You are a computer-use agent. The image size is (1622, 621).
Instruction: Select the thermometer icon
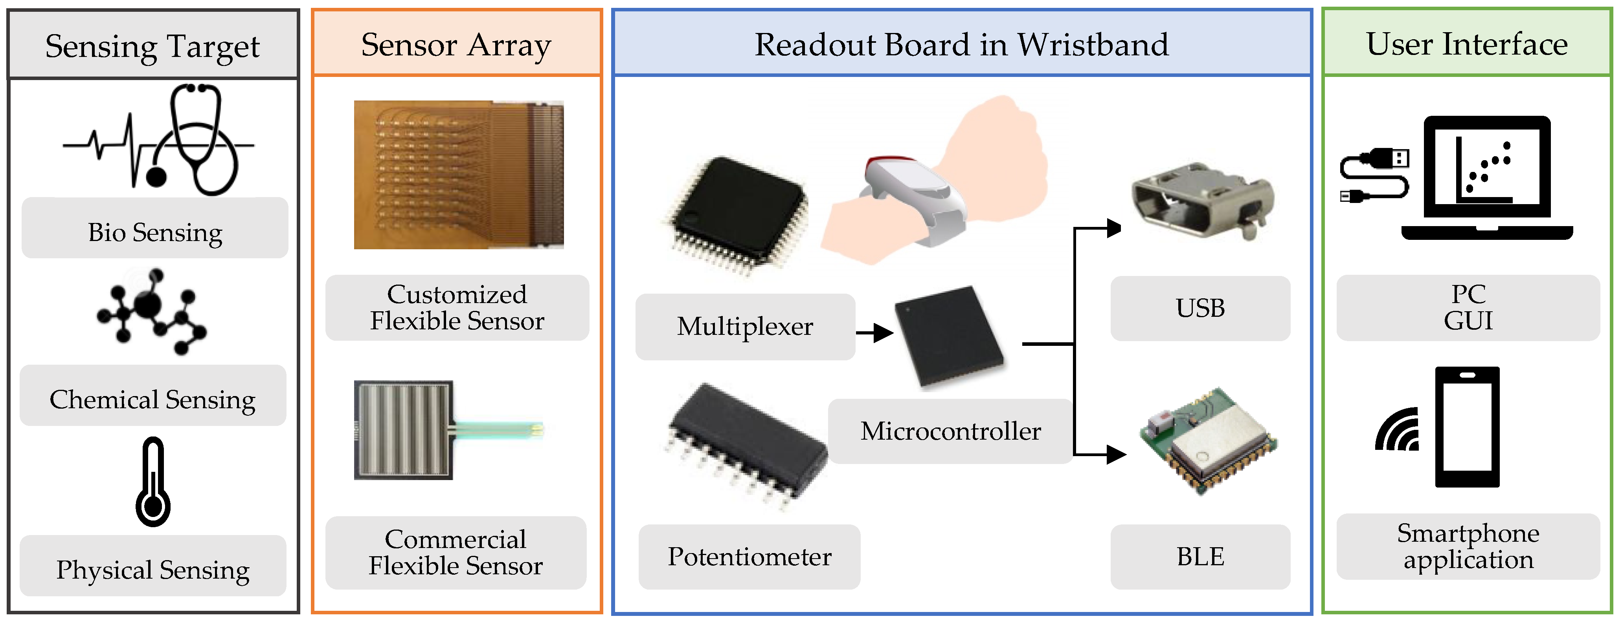(153, 482)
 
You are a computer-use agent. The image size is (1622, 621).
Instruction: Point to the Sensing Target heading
(152, 46)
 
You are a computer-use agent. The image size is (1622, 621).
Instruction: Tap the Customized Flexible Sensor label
(457, 308)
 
